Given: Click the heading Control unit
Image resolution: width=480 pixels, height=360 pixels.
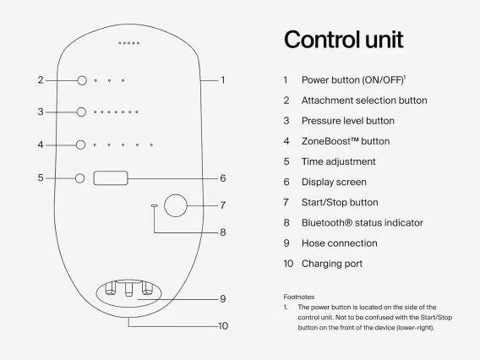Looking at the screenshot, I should pos(343,40).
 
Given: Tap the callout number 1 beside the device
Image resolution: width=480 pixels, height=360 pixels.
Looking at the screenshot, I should pos(223,80).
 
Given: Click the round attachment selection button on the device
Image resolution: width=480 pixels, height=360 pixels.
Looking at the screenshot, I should pos(82,80).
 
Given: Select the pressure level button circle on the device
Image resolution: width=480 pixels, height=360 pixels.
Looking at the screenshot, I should pos(82,112).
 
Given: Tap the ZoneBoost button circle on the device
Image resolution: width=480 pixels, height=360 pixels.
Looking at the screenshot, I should pos(82,145).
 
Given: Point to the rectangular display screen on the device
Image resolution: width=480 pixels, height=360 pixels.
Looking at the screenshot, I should pos(112,178).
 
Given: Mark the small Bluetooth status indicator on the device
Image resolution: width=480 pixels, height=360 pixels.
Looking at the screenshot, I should pos(154,205).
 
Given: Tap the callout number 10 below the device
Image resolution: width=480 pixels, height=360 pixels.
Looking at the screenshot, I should pos(223,325).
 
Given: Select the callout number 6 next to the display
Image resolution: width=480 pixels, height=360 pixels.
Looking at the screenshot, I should pos(223,178).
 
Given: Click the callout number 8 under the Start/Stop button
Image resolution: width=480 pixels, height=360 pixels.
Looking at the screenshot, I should pos(223,232).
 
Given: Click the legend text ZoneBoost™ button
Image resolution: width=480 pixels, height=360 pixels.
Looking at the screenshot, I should pos(346,141).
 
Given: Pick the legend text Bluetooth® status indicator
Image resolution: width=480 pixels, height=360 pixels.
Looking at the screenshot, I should pos(363,222).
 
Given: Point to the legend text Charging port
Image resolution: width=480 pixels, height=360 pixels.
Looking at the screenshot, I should pos(332,263).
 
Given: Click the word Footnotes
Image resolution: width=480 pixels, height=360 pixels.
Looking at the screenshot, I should pos(300,297).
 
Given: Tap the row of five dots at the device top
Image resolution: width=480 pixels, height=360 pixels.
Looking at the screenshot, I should pos(129,42).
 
